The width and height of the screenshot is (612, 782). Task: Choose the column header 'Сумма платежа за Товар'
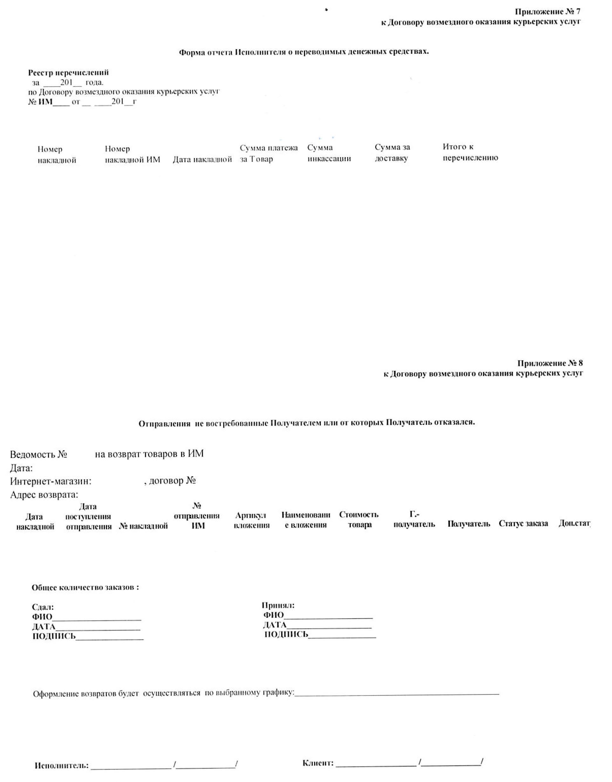coord(269,154)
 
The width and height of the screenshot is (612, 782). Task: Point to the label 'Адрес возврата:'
coord(44,495)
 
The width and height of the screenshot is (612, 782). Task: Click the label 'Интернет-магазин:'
coord(51,481)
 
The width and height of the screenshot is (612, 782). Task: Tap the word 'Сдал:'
coord(43,607)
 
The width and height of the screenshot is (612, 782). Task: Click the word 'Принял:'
coord(278,605)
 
